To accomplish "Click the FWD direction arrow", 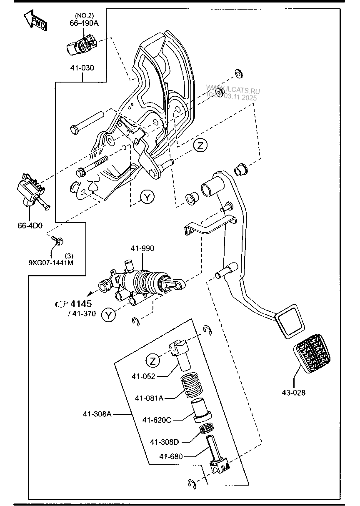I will (35, 20).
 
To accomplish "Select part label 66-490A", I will (84, 23).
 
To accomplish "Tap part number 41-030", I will (82, 68).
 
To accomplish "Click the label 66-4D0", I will (30, 225).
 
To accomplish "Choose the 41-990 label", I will (142, 248).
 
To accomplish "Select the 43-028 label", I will (293, 392).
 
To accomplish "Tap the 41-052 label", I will (143, 376).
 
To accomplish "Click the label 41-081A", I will (149, 398).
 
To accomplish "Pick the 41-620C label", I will (157, 420).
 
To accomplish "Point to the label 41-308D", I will (164, 441).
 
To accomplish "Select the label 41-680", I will (170, 456).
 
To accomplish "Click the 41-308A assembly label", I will (97, 414).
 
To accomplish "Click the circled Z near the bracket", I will (200, 145).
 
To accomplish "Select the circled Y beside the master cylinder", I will (109, 315).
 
